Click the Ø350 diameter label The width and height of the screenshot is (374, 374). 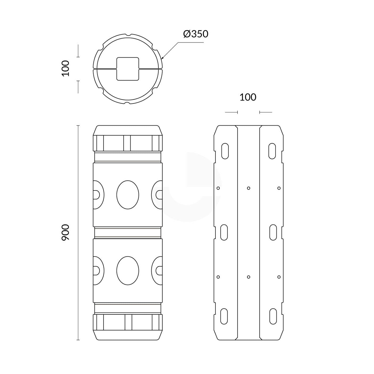pyautogui.click(x=196, y=34)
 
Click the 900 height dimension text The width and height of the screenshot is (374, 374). pyautogui.click(x=65, y=232)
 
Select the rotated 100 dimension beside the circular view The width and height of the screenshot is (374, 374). pyautogui.click(x=65, y=68)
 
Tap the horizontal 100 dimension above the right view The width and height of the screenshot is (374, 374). pyautogui.click(x=248, y=97)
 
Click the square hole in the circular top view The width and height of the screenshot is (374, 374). pyautogui.click(x=128, y=69)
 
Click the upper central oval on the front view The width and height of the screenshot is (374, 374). pyautogui.click(x=128, y=195)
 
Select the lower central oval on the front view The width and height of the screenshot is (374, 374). pyautogui.click(x=128, y=271)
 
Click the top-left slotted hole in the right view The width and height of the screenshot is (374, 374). pyautogui.click(x=225, y=151)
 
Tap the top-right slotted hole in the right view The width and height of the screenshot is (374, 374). pyautogui.click(x=272, y=151)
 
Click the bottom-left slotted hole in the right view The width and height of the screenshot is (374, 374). pyautogui.click(x=224, y=316)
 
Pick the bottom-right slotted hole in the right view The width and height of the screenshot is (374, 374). pyautogui.click(x=273, y=316)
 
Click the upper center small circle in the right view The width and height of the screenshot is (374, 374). pyautogui.click(x=248, y=188)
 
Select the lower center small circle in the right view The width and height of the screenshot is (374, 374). pyautogui.click(x=248, y=277)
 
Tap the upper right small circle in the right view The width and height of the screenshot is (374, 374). pyautogui.click(x=279, y=188)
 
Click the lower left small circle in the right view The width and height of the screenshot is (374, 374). pyautogui.click(x=218, y=277)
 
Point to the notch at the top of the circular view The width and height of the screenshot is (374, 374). pyautogui.click(x=128, y=35)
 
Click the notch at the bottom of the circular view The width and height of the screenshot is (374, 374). pyautogui.click(x=128, y=103)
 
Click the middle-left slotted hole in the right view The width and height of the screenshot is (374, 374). pyautogui.click(x=224, y=232)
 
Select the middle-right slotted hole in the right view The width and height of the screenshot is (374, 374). pyautogui.click(x=273, y=232)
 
